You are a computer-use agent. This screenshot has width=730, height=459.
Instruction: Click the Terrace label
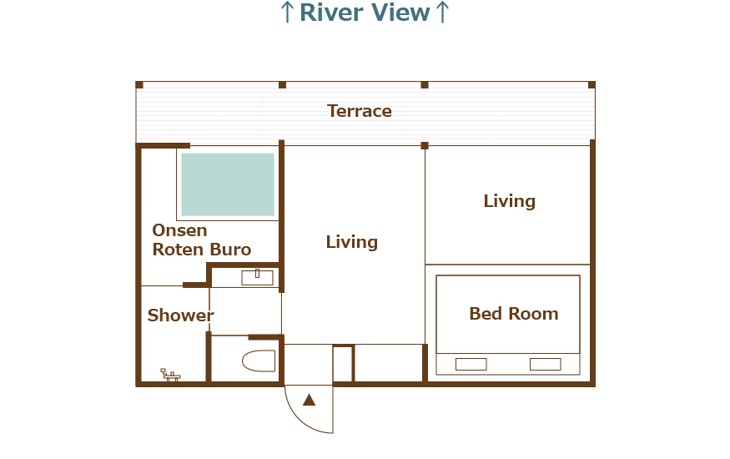tap(360, 111)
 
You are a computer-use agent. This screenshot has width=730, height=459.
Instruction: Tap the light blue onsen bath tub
tap(228, 184)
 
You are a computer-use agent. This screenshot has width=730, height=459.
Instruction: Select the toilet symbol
tap(259, 361)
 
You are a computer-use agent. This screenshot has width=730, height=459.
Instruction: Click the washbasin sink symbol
tap(257, 277)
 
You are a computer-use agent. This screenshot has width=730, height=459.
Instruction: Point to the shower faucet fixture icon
tap(170, 375)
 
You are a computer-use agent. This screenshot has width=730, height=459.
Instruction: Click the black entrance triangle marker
tap(310, 400)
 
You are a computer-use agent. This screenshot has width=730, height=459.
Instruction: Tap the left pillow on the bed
tap(471, 364)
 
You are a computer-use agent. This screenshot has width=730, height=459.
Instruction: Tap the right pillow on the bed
tap(545, 364)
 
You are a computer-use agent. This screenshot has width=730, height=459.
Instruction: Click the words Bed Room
tap(514, 314)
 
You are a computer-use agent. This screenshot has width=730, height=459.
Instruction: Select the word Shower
tap(181, 315)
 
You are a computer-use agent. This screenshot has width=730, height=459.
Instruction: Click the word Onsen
tap(179, 230)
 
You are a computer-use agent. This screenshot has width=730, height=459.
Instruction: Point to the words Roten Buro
tap(202, 250)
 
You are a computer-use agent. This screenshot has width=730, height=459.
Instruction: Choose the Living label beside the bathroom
tap(352, 242)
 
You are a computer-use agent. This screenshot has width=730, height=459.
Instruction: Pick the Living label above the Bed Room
tap(509, 201)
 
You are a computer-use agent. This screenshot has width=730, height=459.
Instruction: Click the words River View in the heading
tap(365, 13)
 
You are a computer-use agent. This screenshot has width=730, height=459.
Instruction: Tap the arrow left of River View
tap(287, 13)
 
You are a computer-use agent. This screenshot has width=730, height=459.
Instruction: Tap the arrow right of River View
tap(442, 13)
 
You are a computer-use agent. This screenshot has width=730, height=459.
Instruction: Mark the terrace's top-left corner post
tap(139, 85)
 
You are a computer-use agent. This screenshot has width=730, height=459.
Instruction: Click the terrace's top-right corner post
tap(592, 85)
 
